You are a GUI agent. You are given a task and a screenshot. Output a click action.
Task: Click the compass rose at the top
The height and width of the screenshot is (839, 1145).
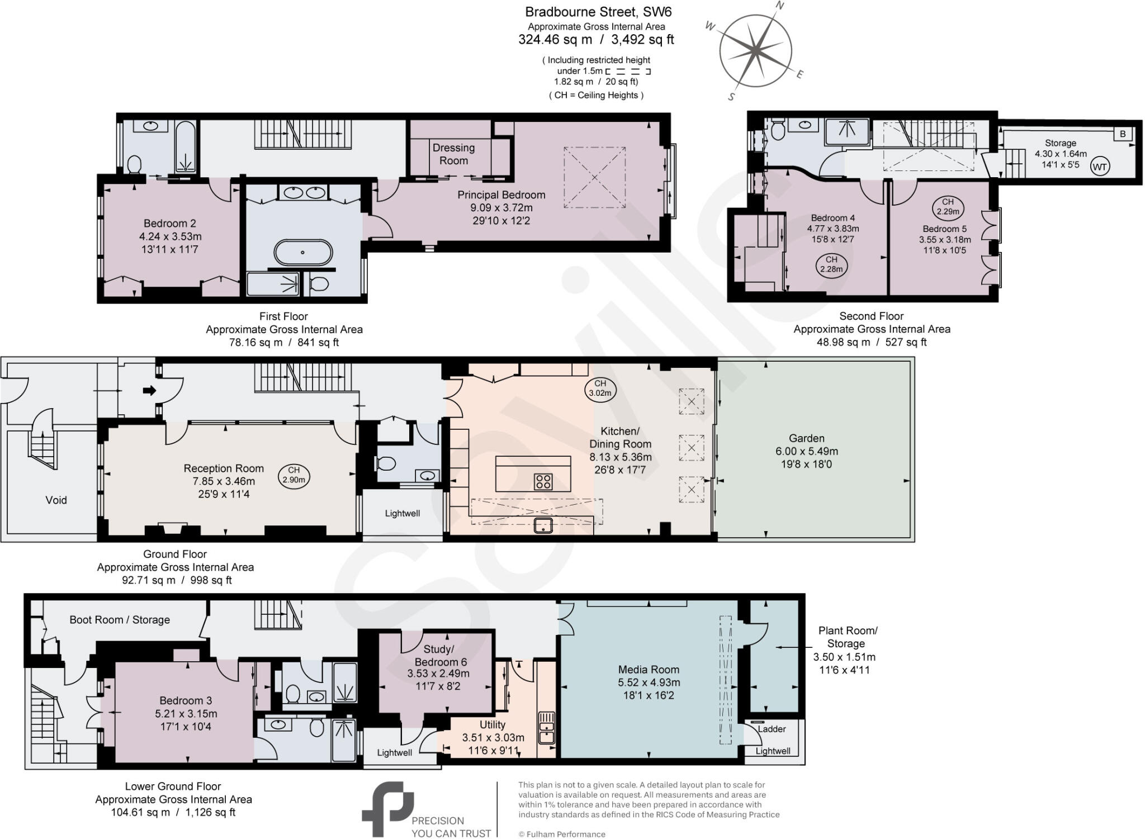[755, 51]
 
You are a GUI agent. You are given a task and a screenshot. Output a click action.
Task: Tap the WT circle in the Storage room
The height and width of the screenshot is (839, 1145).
[1100, 167]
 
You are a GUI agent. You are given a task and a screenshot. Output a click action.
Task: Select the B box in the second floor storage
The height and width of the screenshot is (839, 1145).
[1123, 134]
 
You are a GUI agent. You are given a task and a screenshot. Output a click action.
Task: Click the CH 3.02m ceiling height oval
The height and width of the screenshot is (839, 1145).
[600, 388]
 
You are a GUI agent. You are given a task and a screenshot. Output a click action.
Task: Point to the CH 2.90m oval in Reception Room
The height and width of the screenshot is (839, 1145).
[294, 475]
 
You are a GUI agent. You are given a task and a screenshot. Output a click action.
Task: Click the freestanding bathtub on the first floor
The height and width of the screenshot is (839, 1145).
[302, 252]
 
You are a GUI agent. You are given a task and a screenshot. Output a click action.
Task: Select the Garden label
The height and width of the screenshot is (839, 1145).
[807, 439]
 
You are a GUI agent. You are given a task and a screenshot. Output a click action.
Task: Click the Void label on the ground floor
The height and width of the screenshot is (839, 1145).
[56, 500]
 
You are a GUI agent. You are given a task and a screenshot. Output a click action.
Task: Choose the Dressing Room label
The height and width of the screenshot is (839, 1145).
[453, 154]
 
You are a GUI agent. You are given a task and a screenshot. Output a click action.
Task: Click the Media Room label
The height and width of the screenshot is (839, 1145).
[649, 669]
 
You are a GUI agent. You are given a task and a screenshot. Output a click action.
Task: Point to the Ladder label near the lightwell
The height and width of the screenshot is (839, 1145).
[772, 729]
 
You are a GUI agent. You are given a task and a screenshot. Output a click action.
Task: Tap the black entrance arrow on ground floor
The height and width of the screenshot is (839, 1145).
[150, 390]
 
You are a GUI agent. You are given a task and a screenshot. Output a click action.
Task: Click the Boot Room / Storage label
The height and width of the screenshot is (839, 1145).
[120, 619]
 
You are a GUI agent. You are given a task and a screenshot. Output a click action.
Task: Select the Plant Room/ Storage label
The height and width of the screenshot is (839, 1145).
[848, 637]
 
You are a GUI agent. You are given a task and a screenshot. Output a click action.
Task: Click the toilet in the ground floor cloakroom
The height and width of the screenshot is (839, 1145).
[386, 463]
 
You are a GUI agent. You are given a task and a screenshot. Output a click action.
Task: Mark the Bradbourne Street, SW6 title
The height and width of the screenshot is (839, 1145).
[598, 12]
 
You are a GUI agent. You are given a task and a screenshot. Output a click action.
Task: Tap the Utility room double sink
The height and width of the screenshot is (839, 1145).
[546, 727]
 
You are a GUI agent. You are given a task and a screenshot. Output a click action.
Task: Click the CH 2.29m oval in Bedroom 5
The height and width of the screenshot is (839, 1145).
[947, 207]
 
